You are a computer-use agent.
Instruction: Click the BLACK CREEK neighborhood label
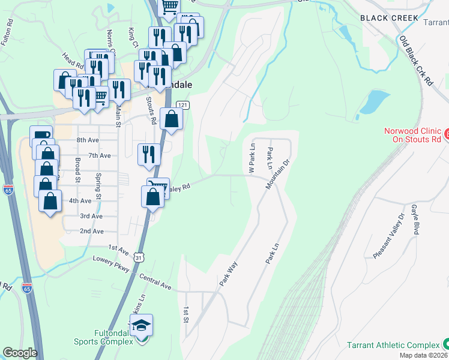pos(389,18)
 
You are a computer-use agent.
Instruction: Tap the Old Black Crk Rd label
pos(416,61)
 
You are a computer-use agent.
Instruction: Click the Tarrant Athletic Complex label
pos(393,345)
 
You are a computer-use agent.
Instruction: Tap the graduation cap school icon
pos(141,326)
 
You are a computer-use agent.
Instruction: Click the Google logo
pos(20,353)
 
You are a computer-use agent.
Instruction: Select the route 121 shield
pos(184,106)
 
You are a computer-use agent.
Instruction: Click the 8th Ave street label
pos(87,140)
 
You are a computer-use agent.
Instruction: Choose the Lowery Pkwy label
pos(111,264)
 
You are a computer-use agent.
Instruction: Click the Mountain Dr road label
pos(277,174)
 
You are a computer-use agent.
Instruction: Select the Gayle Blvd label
pos(415,219)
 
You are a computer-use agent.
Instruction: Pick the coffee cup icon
pos(40,136)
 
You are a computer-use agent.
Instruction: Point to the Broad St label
pos(77,170)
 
